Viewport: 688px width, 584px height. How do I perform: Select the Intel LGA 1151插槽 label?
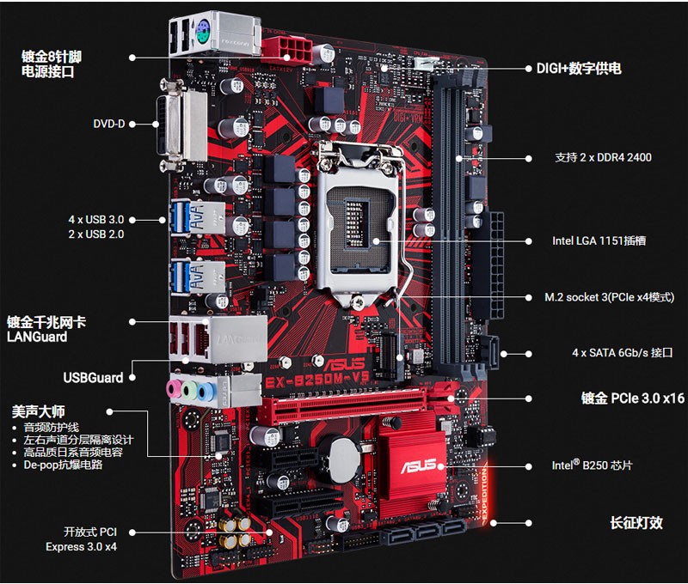(x=599, y=241)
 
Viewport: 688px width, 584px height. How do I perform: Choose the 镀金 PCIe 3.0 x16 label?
(x=632, y=398)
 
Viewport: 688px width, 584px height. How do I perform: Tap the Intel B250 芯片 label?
(x=592, y=465)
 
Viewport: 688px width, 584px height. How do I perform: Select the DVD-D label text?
(x=109, y=124)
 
